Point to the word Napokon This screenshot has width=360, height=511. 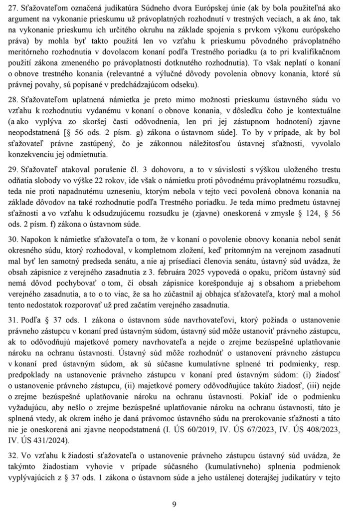(x=44, y=261)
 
